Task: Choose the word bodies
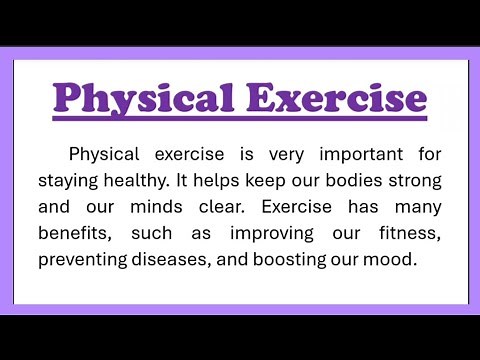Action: click(352, 181)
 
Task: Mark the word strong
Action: click(415, 182)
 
